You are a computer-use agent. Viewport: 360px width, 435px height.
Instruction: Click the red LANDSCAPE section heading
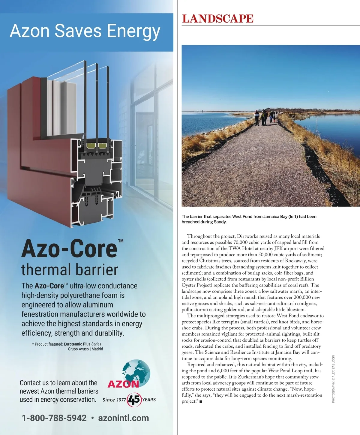218,19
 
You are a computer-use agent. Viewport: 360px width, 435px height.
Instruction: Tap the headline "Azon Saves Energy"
85,31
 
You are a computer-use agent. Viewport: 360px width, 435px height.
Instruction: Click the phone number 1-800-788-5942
54,418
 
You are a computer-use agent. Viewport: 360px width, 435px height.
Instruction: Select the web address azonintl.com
124,418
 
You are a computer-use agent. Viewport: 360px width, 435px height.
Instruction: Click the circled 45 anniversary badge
134,400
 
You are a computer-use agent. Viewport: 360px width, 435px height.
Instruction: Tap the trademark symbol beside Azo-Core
121,241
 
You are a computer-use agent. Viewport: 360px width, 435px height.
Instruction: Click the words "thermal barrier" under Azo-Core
70,269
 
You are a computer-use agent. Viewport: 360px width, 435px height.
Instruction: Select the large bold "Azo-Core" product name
69,249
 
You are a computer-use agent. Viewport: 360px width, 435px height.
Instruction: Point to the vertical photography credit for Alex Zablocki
333,379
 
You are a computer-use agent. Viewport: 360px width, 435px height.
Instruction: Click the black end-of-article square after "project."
201,402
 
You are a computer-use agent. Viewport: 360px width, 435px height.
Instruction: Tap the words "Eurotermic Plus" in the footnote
77,344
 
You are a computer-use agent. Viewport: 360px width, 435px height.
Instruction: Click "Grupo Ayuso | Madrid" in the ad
85,349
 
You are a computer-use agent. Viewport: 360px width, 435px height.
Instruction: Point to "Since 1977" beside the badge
114,400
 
